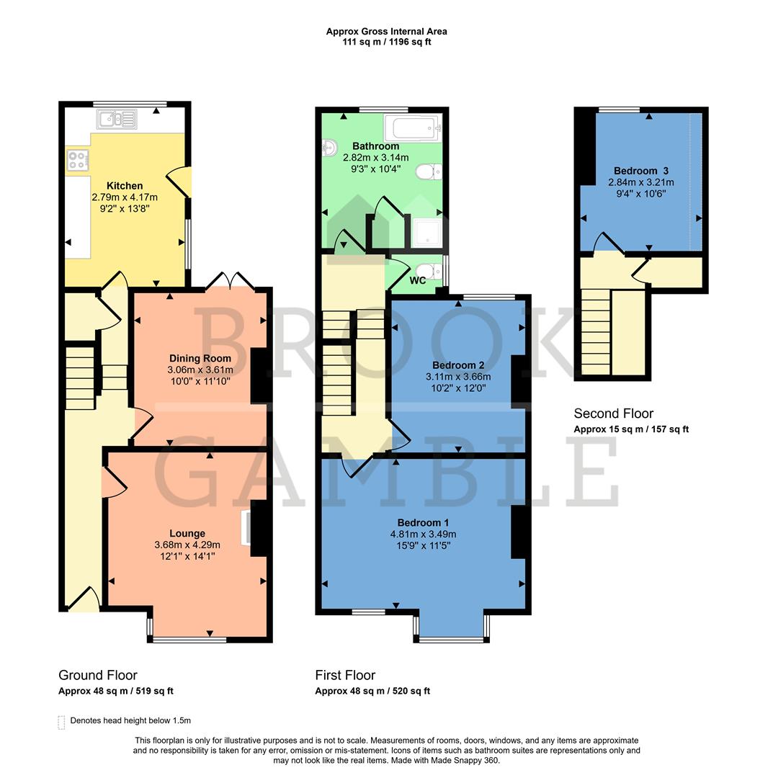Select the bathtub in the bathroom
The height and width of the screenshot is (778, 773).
(414, 128)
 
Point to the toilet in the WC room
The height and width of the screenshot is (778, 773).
(431, 272)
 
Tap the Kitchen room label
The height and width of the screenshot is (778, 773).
(125, 186)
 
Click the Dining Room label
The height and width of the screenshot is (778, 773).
(200, 358)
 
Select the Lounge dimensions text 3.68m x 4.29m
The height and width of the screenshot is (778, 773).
(187, 545)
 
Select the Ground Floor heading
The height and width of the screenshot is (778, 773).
(97, 675)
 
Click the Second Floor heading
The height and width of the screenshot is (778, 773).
(613, 413)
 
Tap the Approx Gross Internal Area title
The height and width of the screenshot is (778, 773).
(386, 31)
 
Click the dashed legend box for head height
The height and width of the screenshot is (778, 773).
(61, 721)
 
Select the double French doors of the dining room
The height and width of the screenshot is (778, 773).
(231, 282)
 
